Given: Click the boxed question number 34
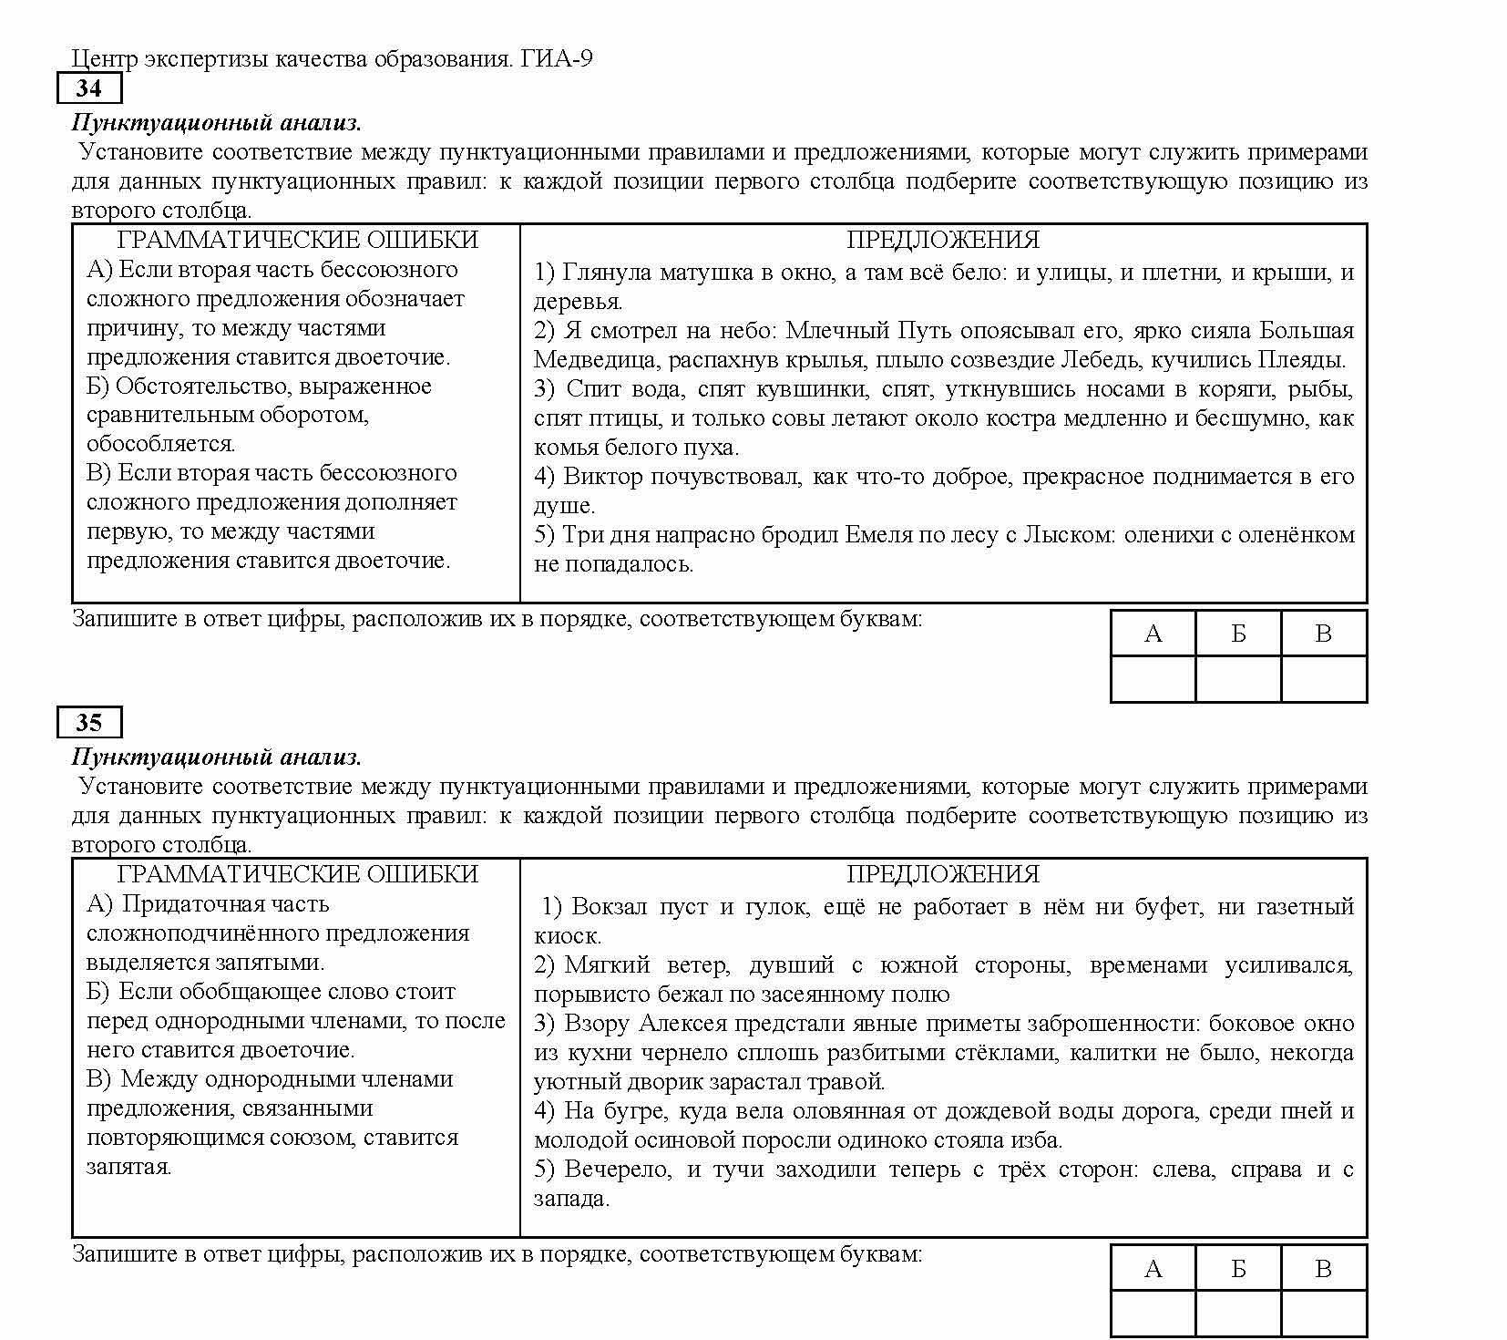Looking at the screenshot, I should [x=88, y=88].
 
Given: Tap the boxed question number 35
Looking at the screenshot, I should [x=88, y=723].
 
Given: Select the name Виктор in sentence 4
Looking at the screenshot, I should [x=603, y=477].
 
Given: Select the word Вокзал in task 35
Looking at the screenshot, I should [x=610, y=907].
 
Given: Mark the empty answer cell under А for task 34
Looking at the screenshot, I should [x=1153, y=679].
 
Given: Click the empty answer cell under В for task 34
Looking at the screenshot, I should [x=1324, y=679].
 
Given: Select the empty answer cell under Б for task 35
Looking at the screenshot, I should [x=1238, y=1314].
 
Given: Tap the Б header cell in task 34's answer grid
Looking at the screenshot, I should [x=1238, y=634].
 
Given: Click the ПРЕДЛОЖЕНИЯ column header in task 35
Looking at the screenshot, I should [x=943, y=875].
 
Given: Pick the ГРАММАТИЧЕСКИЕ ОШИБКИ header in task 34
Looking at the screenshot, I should [x=297, y=240].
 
